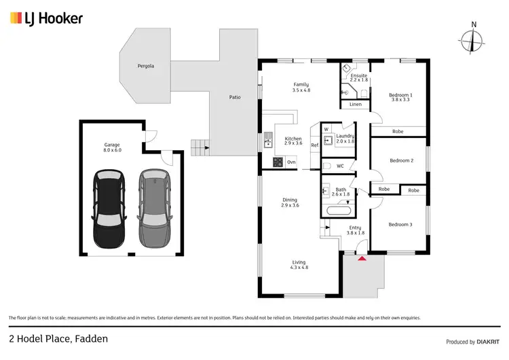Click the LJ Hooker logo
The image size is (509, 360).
pyautogui.click(x=45, y=18)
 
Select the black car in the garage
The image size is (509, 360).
pyautogui.click(x=109, y=209)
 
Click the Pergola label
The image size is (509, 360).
pyautogui.click(x=146, y=66)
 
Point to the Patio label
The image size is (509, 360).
pyautogui.click(x=234, y=97)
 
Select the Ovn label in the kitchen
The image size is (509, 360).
pyautogui.click(x=291, y=162)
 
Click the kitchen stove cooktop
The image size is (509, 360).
pyautogui.click(x=278, y=162)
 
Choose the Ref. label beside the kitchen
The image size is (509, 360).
pyautogui.click(x=315, y=145)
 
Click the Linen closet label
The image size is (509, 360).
pyautogui.click(x=356, y=105)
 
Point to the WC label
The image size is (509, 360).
pyautogui.click(x=341, y=166)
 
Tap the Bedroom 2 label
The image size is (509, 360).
pyautogui.click(x=401, y=160)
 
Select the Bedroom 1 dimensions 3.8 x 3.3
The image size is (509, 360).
pyautogui.click(x=400, y=101)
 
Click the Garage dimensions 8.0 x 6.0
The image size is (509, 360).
pyautogui.click(x=112, y=149)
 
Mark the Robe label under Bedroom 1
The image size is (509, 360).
pyautogui.click(x=398, y=131)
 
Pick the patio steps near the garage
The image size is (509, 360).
pyautogui.click(x=198, y=146)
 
